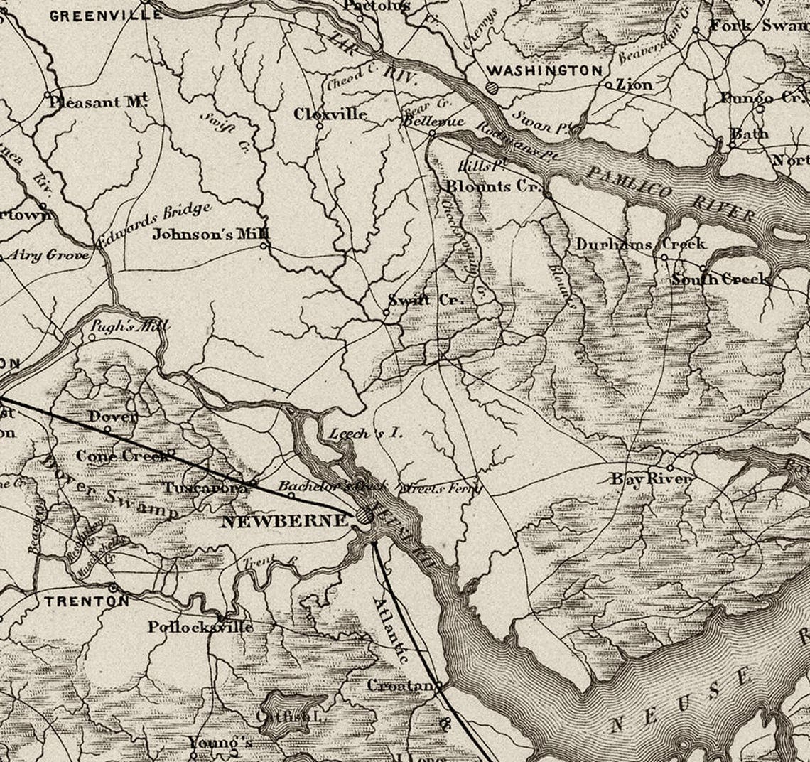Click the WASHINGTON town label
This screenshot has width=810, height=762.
tap(544, 70)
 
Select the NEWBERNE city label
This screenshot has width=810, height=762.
tap(284, 521)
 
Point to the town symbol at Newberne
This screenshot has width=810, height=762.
tap(364, 517)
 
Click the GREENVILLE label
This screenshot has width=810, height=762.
tap(95, 16)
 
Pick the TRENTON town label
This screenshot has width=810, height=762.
tap(87, 601)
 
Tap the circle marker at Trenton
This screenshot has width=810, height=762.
tap(113, 588)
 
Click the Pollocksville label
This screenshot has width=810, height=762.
tap(200, 627)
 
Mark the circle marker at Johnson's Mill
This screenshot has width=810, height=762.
tap(264, 246)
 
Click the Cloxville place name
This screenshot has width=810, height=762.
tap(331, 114)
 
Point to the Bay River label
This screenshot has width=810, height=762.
tap(651, 479)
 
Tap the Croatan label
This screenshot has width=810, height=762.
tap(400, 685)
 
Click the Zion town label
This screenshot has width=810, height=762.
tap(634, 85)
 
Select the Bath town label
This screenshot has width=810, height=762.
tap(750, 133)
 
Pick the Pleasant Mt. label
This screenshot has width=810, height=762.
tap(98, 102)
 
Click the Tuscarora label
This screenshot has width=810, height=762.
tap(205, 488)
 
